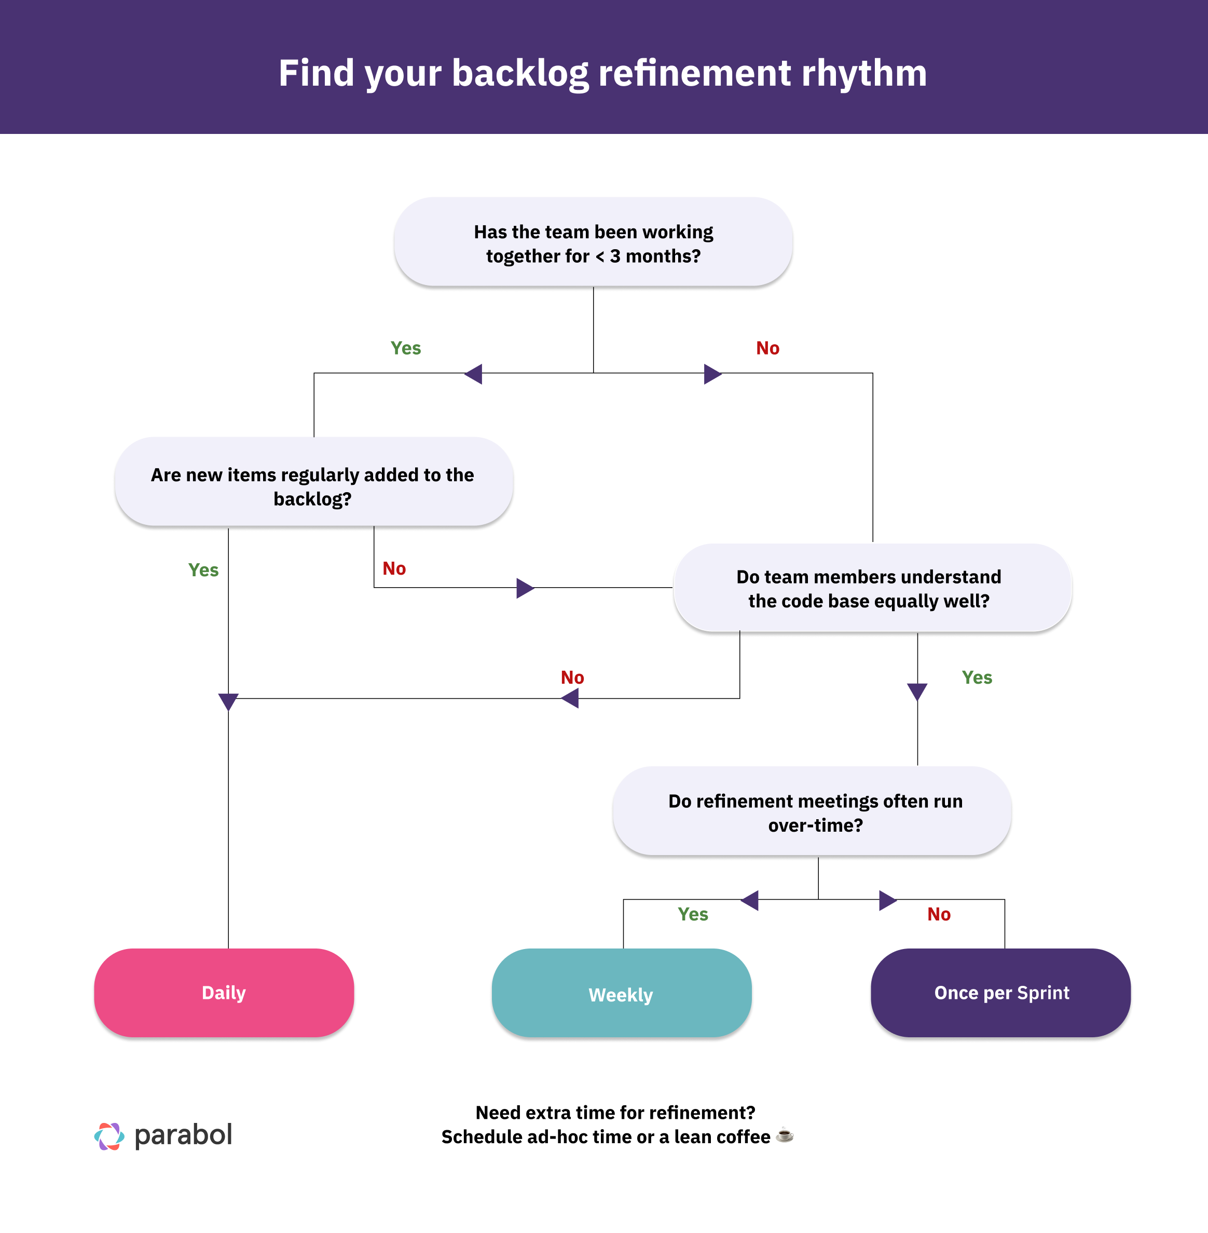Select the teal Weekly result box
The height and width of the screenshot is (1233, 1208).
click(621, 994)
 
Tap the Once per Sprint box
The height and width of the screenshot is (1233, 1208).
click(1000, 992)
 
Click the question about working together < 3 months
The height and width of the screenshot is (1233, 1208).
click(593, 242)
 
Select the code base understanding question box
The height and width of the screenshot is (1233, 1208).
click(872, 588)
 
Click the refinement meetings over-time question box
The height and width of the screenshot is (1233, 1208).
click(812, 812)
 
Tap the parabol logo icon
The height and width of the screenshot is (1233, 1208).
click(109, 1136)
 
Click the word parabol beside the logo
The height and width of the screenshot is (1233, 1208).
click(183, 1134)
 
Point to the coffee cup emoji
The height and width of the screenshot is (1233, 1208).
click(785, 1134)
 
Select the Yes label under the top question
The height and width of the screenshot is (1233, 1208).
click(405, 348)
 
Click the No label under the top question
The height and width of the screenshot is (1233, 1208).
click(767, 348)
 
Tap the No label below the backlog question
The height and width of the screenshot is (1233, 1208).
click(394, 568)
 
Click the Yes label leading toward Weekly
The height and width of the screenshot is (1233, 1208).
click(692, 914)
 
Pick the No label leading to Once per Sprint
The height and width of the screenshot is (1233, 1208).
click(938, 914)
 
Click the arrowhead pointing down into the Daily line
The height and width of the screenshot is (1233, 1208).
click(228, 701)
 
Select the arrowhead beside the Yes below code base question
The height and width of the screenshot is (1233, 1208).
click(917, 691)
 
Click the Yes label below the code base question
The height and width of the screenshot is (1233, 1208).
click(977, 678)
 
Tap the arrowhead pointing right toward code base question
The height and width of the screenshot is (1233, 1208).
click(525, 588)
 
